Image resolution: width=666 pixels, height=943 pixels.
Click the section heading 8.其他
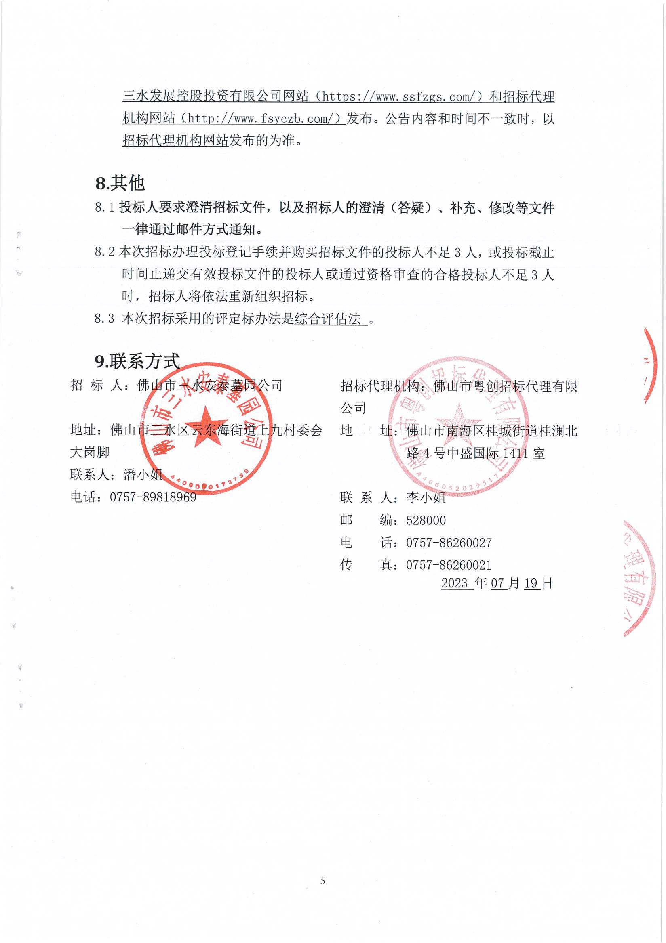tap(120, 183)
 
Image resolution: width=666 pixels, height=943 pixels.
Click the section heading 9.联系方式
tap(137, 361)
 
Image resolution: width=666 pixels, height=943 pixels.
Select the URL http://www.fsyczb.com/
tap(263, 119)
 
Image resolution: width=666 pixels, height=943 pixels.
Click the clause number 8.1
tap(104, 207)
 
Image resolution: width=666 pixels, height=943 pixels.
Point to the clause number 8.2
tap(104, 252)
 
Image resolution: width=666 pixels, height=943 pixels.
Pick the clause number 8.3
tap(104, 319)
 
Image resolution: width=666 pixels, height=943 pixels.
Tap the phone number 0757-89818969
tap(153, 497)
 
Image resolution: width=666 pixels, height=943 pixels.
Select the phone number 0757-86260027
tap(449, 543)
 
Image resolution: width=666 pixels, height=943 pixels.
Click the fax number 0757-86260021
tap(449, 565)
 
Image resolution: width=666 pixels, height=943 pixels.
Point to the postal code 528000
tap(426, 520)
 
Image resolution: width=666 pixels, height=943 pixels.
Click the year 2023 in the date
tap(454, 583)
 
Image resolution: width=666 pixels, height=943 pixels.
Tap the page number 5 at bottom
tap(323, 881)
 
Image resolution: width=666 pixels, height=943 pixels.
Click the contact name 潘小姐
tap(143, 475)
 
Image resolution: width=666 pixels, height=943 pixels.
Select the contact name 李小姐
tap(426, 498)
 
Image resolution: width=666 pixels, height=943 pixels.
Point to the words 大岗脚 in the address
tap(90, 452)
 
